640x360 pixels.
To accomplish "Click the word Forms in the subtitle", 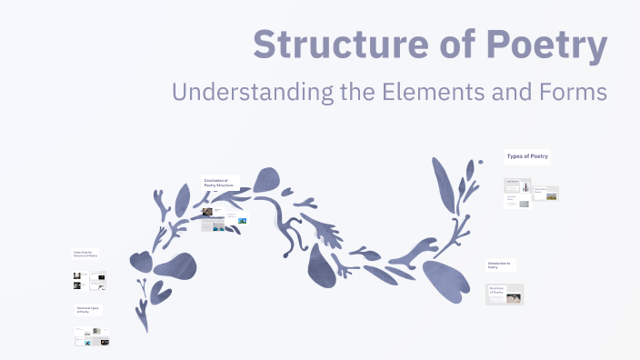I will pos(573,92).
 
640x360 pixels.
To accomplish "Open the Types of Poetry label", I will pos(527,156).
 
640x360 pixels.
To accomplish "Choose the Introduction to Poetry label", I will pos(499,265).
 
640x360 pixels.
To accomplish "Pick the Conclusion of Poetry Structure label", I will pos(221,182).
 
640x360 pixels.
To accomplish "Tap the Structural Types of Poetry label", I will pos(88,310).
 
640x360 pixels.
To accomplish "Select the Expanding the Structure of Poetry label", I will pos(86,255).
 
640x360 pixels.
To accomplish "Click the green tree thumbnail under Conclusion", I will pos(242,219).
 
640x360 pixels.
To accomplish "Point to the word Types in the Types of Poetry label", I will pos(515,156).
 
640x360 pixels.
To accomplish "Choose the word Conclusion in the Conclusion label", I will pos(215,179).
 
